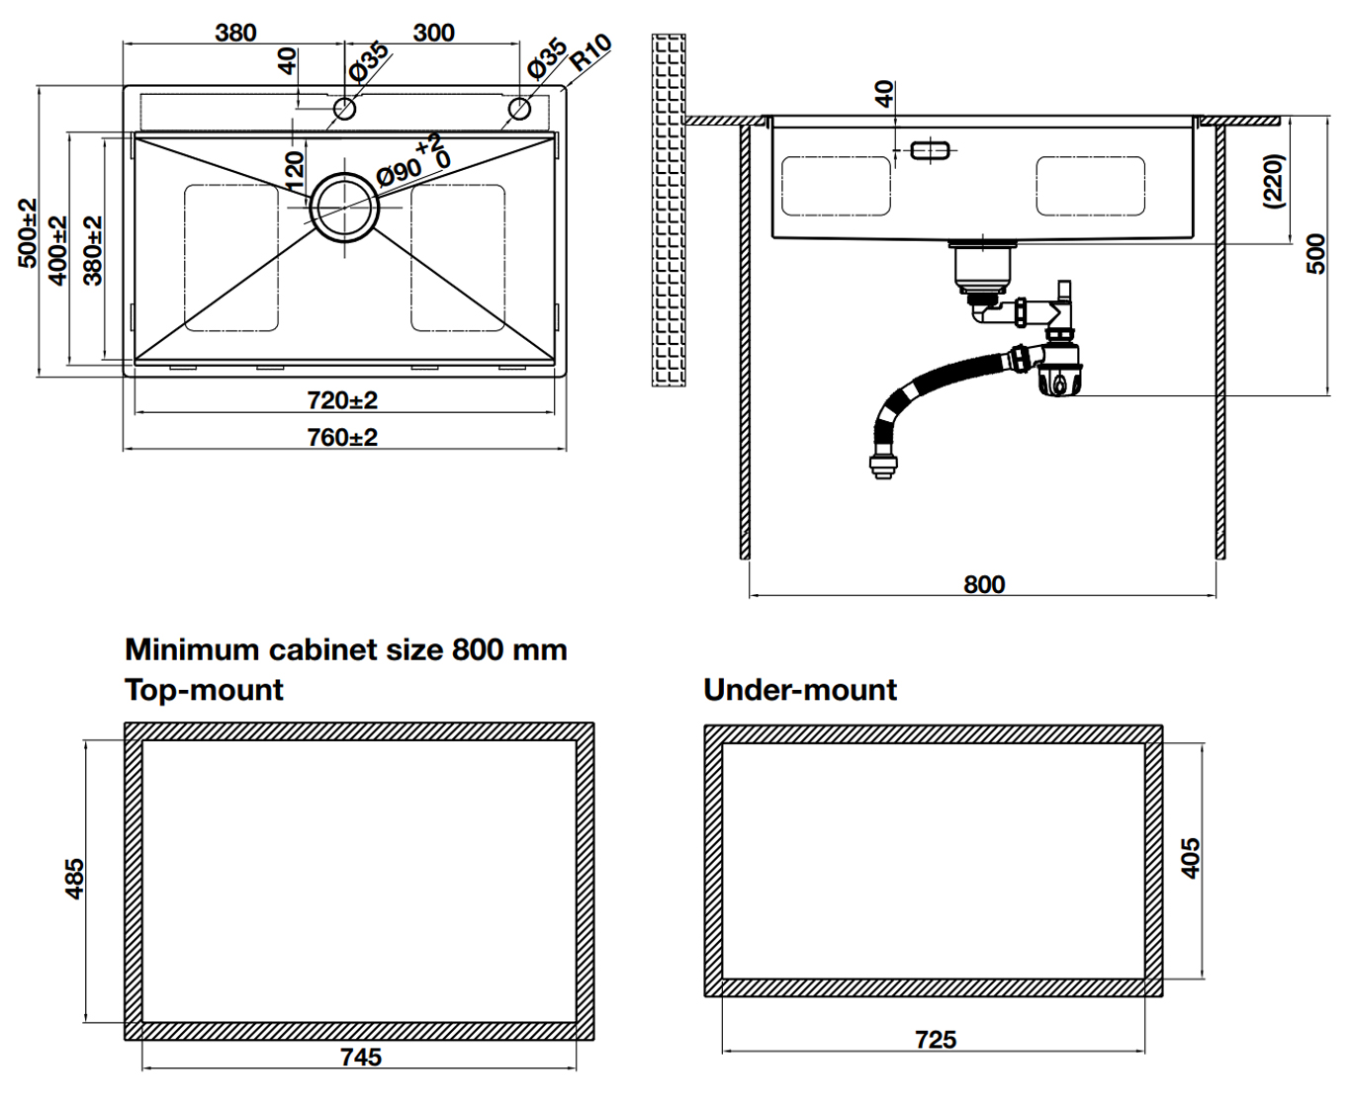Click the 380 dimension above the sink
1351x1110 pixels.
click(x=235, y=33)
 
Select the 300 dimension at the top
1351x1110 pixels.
click(x=433, y=33)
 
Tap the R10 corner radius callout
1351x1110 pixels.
click(x=590, y=51)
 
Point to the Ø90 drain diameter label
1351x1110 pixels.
click(x=400, y=173)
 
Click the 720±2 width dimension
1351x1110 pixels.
click(x=342, y=400)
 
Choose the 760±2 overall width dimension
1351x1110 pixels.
click(x=342, y=437)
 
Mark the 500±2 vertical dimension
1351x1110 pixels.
click(x=28, y=232)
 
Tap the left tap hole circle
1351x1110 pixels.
click(x=345, y=108)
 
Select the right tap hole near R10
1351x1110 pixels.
click(x=520, y=108)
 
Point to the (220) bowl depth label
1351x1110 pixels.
click(x=1274, y=180)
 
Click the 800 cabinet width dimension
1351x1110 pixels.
click(x=984, y=584)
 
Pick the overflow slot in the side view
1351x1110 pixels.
click(x=930, y=151)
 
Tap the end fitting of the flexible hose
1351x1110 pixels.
click(x=882, y=466)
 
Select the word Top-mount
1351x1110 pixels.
click(x=204, y=690)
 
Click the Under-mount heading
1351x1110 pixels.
click(x=800, y=690)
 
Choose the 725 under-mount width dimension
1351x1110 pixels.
click(x=936, y=1039)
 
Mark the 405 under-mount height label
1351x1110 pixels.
click(x=1191, y=858)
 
